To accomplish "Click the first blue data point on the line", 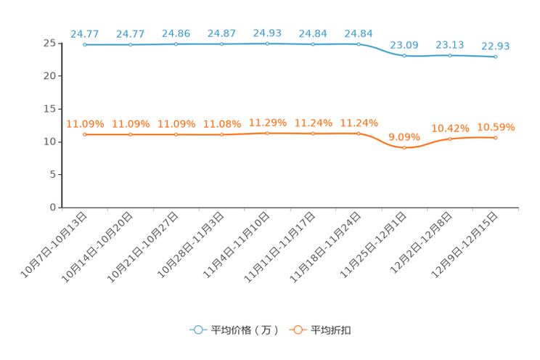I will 85,45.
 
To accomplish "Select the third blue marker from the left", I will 176,44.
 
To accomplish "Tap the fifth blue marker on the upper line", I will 268,44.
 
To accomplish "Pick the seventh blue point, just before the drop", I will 359,44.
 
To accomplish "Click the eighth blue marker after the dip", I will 404,55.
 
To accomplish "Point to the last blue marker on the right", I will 496,57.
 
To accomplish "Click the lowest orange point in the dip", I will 404,147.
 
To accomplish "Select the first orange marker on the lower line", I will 85,134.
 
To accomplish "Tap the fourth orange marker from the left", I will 222,134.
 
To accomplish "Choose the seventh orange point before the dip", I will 359,134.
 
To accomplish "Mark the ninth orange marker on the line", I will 450,139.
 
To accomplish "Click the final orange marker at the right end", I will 496,137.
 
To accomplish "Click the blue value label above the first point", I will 85,33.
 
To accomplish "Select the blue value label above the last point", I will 496,46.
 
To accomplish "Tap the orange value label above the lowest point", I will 404,136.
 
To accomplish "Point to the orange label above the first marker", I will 85,123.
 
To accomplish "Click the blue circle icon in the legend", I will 198,330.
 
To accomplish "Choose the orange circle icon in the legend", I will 298,330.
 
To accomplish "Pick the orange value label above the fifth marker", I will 268,122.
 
